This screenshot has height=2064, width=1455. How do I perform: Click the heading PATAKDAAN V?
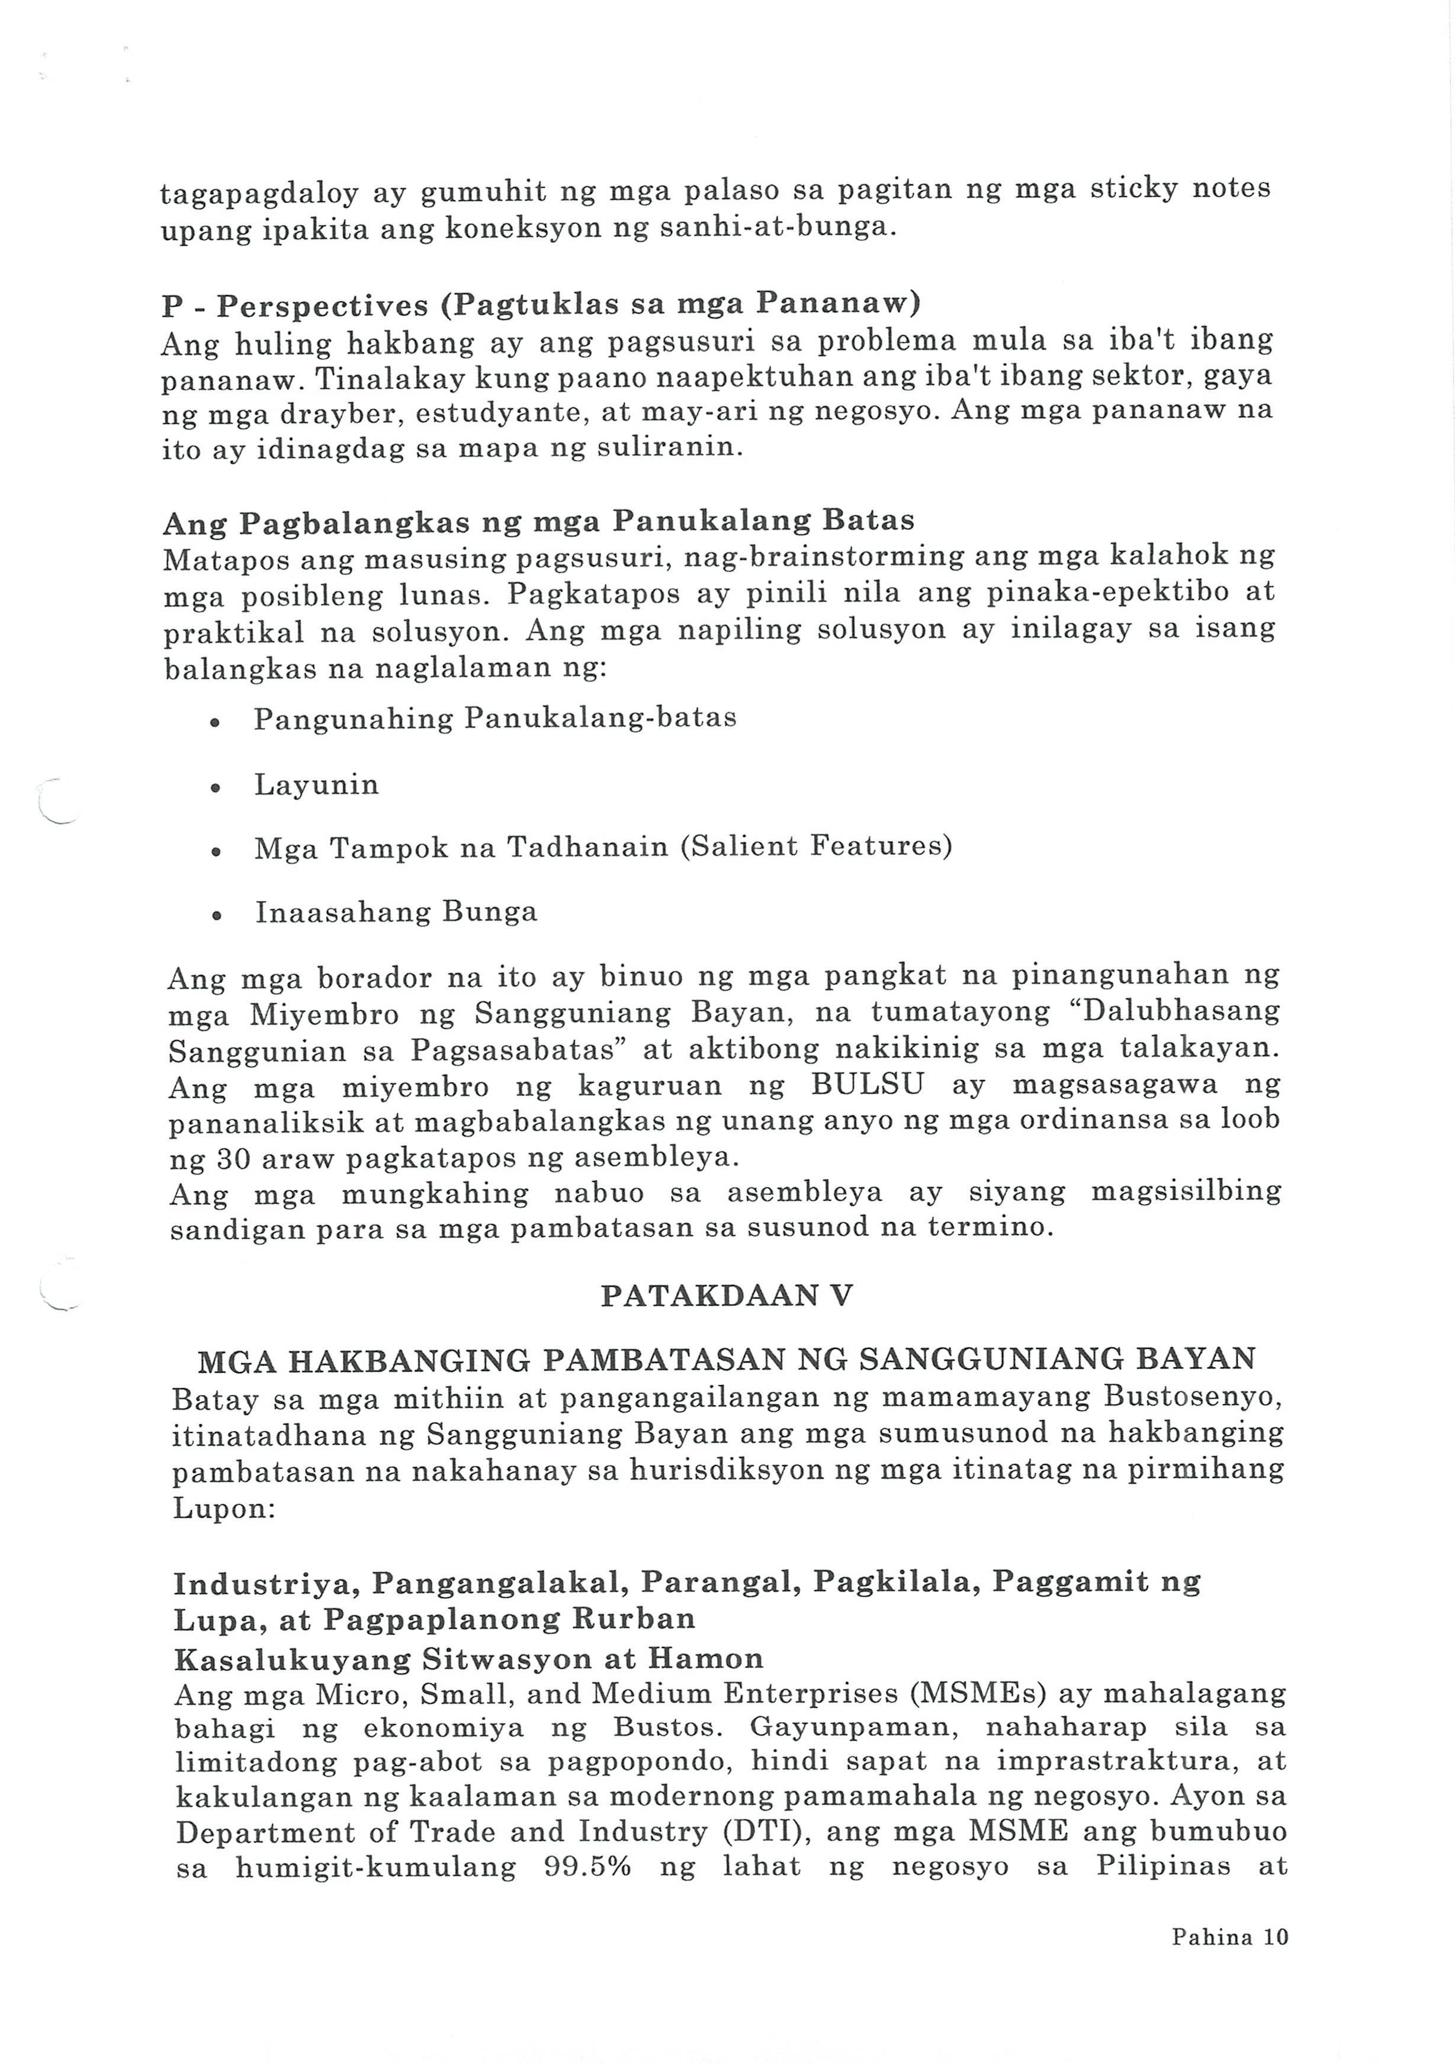(x=726, y=1296)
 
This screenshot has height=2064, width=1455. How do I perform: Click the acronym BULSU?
(x=867, y=1085)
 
